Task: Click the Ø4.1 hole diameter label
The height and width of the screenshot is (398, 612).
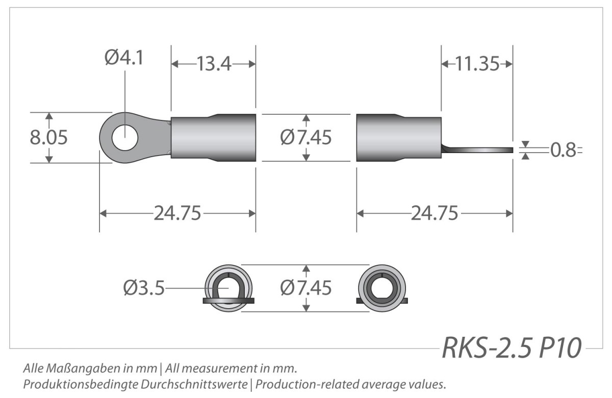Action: [124, 58]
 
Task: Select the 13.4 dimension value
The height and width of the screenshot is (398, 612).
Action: [214, 64]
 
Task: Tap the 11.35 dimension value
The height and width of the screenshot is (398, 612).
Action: [477, 64]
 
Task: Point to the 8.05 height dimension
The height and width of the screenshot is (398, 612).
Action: [48, 137]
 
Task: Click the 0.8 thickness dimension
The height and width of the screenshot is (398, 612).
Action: [563, 150]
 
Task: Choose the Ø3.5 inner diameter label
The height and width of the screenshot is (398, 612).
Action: [144, 288]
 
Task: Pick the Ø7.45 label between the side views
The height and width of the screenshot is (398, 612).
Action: [305, 137]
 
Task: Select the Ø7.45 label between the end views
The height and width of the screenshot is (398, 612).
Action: [305, 288]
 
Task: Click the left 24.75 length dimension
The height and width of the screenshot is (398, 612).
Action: [177, 213]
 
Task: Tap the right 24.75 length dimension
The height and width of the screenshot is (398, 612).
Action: [435, 213]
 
